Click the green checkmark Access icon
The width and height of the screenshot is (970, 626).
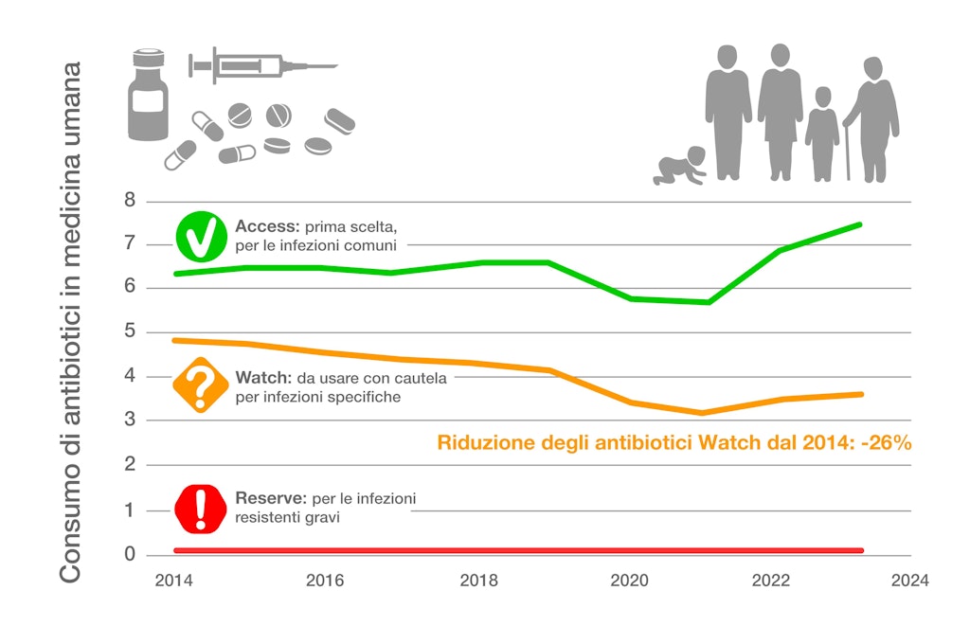[200, 238]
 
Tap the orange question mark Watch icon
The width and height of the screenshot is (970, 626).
[200, 385]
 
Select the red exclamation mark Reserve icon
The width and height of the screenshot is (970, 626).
[200, 509]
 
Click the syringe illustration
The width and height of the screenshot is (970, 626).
[260, 65]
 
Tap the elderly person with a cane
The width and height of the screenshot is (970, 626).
[872, 119]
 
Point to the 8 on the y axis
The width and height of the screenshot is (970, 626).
[131, 201]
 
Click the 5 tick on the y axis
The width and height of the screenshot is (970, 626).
[131, 332]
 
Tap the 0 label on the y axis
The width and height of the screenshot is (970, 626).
[131, 554]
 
